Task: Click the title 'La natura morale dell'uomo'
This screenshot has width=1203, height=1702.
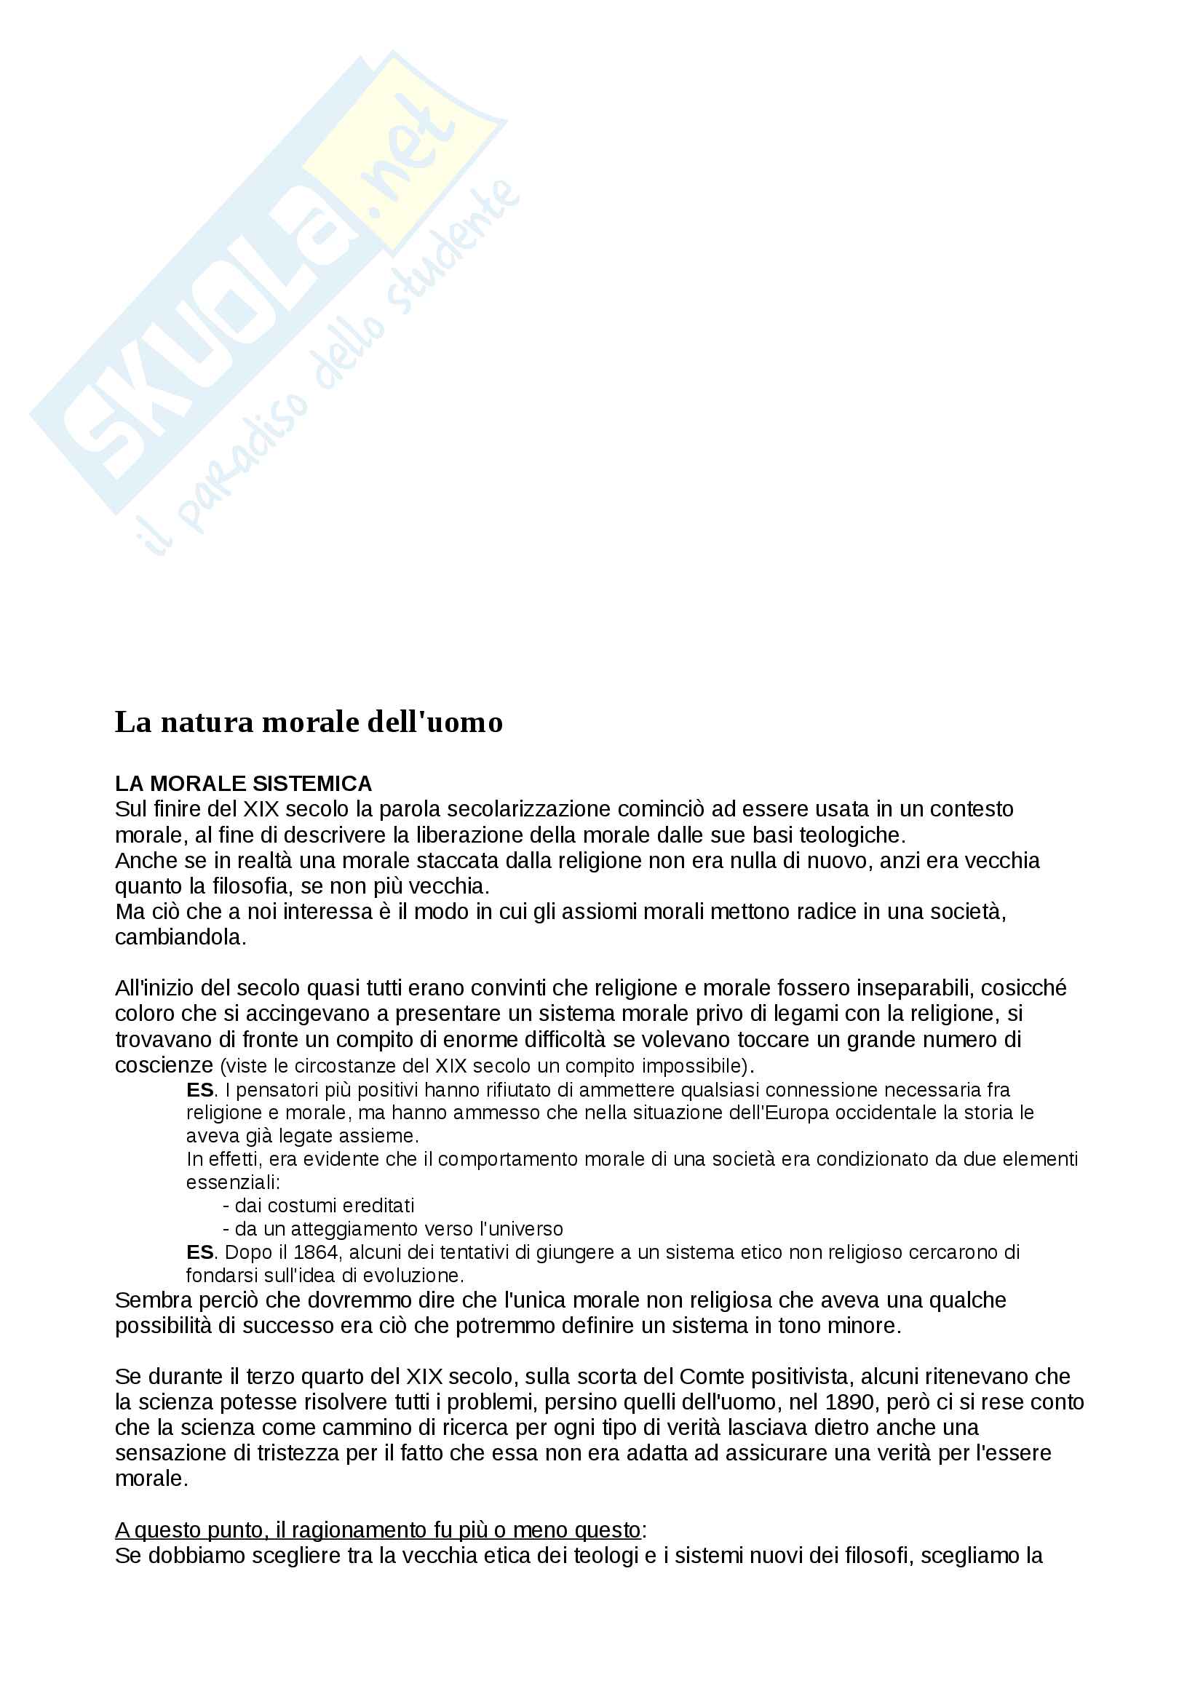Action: click(x=309, y=722)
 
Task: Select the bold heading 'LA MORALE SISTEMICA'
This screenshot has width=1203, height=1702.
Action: click(x=243, y=784)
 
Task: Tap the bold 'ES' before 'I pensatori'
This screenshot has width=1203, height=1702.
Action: click(x=200, y=1091)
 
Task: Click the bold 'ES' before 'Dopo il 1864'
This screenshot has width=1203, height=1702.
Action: click(x=200, y=1252)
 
